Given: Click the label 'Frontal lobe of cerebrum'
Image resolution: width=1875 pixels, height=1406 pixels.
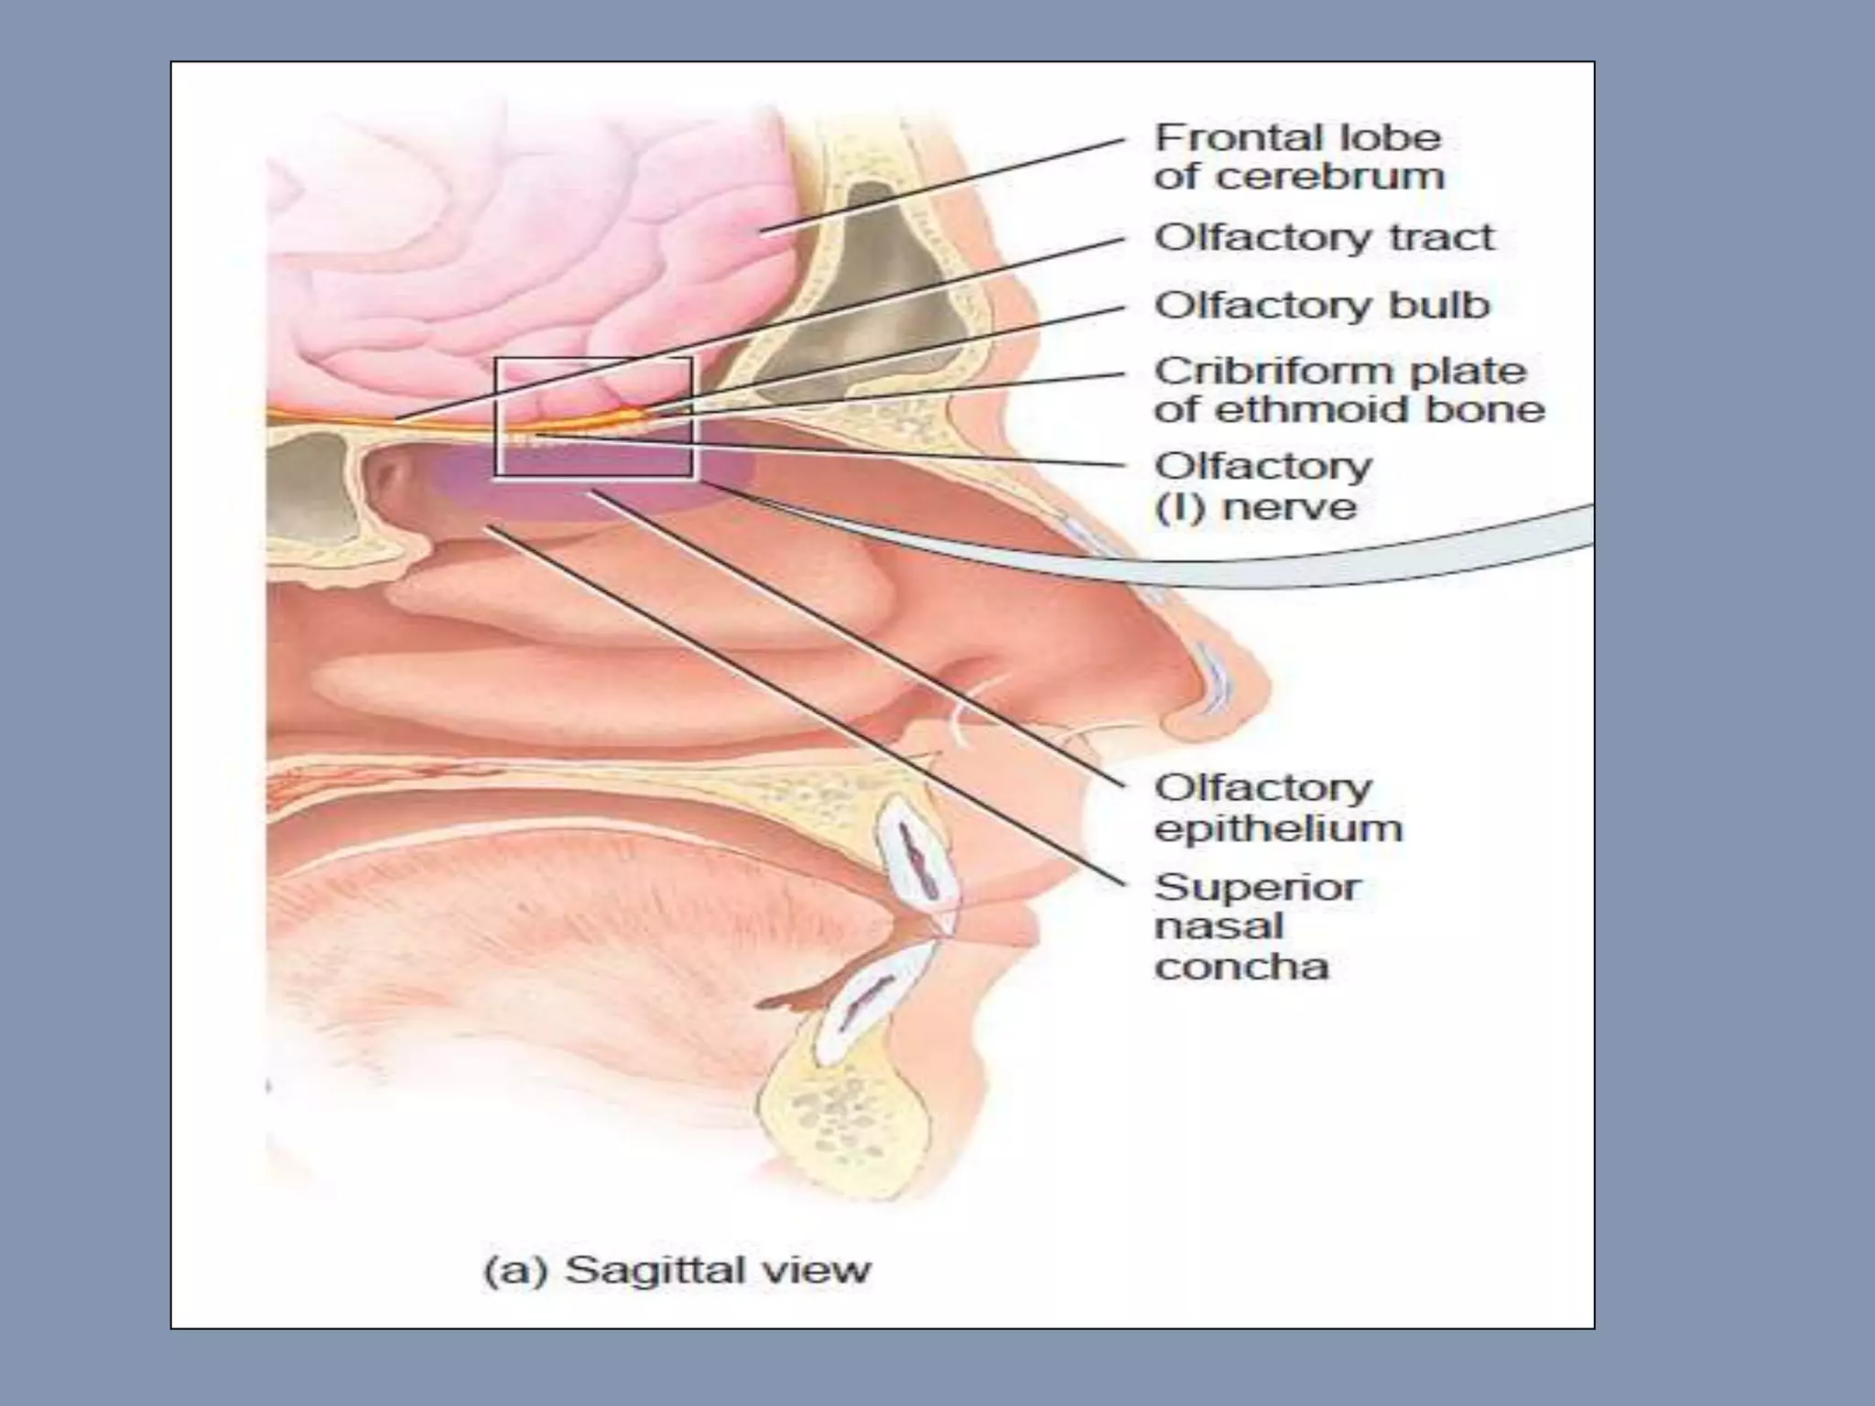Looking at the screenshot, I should [x=1298, y=157].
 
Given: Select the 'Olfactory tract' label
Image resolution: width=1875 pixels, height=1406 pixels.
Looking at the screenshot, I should [x=1324, y=238].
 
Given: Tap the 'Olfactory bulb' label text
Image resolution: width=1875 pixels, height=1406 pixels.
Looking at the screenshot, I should [x=1322, y=306].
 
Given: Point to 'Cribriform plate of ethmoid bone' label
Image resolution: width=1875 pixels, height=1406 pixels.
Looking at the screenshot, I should [x=1349, y=390].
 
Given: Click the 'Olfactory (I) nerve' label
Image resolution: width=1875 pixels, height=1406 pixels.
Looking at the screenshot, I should [x=1263, y=486].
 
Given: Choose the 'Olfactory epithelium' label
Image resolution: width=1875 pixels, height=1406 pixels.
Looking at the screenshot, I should [x=1278, y=807].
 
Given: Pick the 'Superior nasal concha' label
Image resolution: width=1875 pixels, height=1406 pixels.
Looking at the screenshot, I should [x=1257, y=926].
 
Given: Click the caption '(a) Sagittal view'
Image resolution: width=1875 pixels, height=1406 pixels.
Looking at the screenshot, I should [x=677, y=1271].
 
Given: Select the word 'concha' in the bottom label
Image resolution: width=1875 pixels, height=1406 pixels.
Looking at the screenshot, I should [x=1241, y=967].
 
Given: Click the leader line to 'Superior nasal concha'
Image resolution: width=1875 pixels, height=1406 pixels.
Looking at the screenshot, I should [x=806, y=705].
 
